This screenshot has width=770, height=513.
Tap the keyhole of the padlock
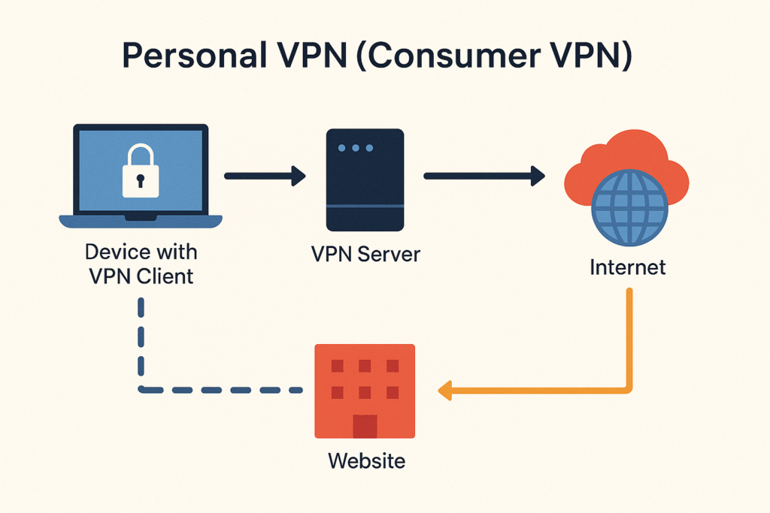tap(141, 181)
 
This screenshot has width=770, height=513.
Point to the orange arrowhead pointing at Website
tap(445, 390)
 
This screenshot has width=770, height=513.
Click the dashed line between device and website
tap(218, 390)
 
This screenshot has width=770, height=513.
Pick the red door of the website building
tap(365, 425)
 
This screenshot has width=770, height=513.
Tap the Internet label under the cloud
tap(628, 267)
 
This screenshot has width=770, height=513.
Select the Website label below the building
tap(366, 460)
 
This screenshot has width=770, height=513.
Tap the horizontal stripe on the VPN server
tap(364, 205)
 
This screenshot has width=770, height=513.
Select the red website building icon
tap(365, 390)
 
